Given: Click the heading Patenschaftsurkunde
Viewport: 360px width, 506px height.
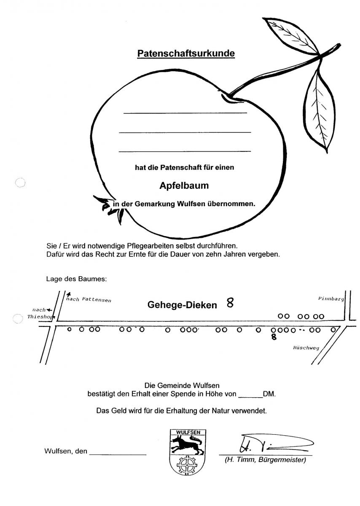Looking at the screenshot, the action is pos(186,54).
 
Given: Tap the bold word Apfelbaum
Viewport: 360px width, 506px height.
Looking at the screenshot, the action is pos(184,186).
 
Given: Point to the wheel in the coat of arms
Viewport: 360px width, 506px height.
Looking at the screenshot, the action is pos(187,465).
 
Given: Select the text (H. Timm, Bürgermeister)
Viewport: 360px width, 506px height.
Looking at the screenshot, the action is pos(266,460).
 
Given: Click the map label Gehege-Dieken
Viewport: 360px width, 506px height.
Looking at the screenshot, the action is pos(182,305).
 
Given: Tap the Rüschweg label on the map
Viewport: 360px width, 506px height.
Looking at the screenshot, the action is pos(306,348).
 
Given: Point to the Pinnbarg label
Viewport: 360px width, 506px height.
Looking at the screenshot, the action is pos(331,299).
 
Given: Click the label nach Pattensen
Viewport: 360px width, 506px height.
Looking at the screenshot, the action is pos(89,300).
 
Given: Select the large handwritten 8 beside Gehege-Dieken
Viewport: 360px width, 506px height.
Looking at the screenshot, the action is pos(230,303).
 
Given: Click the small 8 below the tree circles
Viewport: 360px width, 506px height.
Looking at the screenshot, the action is pos(274,337).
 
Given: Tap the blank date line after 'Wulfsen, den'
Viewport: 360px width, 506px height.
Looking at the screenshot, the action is pos(118,454).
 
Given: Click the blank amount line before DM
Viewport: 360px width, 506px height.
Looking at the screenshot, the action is pos(251,397).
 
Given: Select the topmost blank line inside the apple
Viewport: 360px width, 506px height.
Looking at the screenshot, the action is pos(185,112).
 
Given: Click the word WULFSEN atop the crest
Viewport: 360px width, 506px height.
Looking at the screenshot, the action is pos(188,432).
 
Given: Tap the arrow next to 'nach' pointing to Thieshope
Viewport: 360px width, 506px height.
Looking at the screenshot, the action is pos(49,310).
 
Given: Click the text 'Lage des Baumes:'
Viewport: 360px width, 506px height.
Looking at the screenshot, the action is pos(76,279).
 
